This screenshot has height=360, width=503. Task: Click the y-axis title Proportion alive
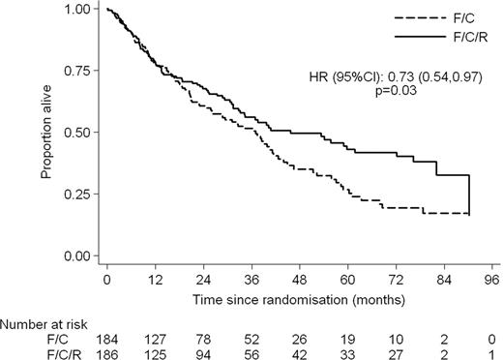click(44, 133)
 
